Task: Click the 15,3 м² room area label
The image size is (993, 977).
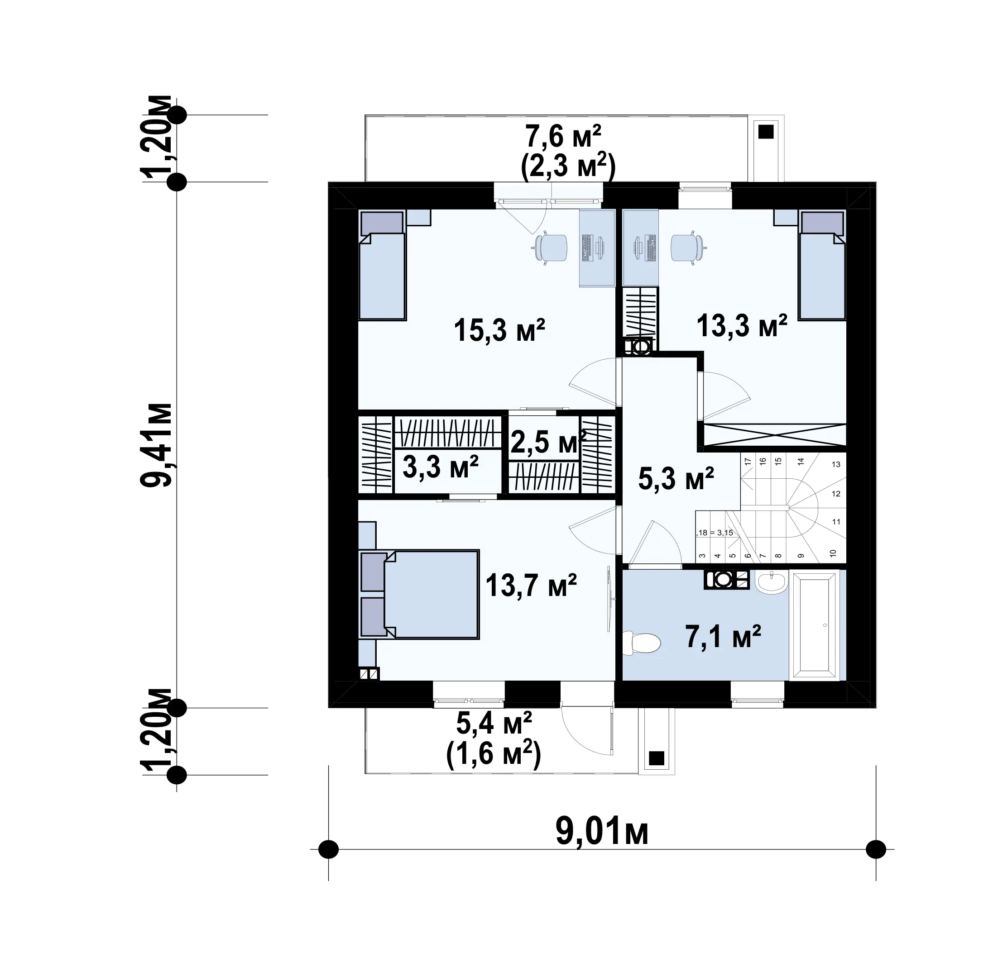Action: click(x=499, y=330)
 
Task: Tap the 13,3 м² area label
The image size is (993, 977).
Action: click(x=741, y=325)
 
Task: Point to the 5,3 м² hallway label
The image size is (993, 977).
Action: click(x=676, y=479)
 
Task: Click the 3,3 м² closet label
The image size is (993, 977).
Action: click(x=441, y=467)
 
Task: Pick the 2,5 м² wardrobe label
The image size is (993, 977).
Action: click(x=548, y=442)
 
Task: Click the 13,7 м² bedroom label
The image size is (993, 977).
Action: click(x=531, y=586)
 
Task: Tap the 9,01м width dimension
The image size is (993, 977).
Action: click(x=602, y=832)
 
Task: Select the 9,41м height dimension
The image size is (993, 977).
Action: click(x=156, y=444)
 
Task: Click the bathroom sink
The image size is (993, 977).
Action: click(x=771, y=582)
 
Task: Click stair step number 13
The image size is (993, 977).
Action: click(x=836, y=464)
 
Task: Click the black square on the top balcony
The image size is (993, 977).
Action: click(x=766, y=132)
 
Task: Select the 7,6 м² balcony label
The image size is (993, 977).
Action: click(x=563, y=137)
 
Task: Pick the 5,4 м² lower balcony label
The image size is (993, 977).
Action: click(x=494, y=724)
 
